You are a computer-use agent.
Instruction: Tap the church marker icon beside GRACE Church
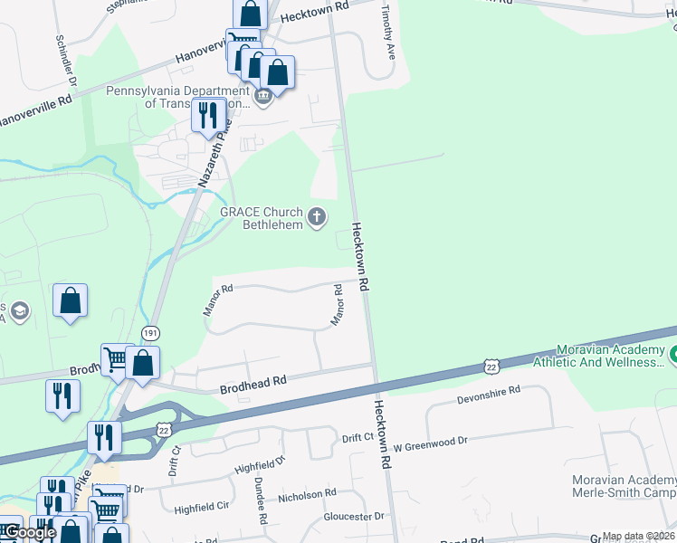(x=317, y=216)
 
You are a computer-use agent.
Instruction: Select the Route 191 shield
(x=151, y=334)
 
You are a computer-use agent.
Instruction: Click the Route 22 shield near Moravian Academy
(x=491, y=365)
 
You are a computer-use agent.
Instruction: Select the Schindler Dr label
(x=67, y=58)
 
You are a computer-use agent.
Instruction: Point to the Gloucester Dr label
(x=354, y=517)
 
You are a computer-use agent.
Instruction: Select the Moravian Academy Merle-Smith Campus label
(x=624, y=486)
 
